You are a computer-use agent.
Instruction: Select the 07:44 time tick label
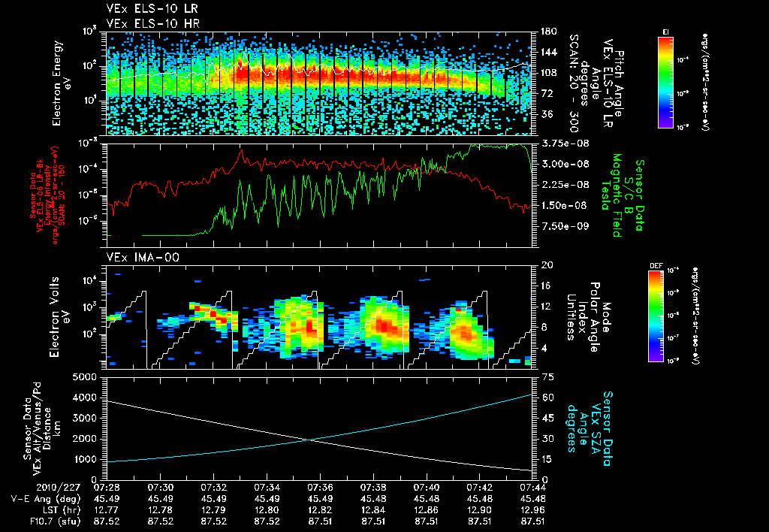532,487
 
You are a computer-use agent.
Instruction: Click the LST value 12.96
532,508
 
